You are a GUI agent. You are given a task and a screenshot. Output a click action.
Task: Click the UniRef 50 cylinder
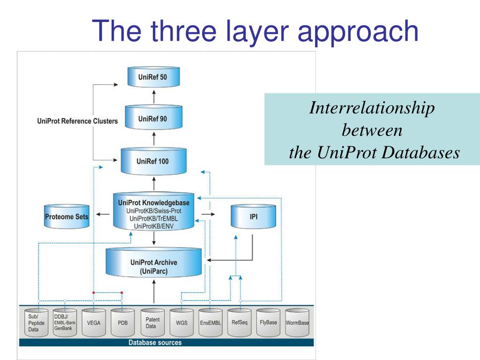pos(153,77)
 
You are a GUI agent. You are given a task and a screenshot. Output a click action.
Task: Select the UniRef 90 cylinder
pos(153,119)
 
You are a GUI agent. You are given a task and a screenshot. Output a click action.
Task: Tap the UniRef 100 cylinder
pos(153,161)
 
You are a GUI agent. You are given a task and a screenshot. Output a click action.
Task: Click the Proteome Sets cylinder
pos(67,217)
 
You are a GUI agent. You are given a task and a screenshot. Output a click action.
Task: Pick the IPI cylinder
pos(254,217)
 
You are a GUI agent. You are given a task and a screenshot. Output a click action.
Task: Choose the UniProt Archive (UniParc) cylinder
pos(154,266)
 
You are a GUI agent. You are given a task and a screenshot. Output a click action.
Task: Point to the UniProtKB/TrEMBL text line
pos(154,218)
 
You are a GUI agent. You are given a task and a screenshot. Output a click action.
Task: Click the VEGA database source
pos(94,322)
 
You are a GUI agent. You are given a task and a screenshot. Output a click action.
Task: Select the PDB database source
pos(123,322)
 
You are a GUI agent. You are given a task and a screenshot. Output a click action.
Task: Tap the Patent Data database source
pos(152,322)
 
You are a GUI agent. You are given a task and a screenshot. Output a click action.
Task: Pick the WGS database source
pos(181,322)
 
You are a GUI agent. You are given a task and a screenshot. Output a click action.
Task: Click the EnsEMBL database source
pos(210,322)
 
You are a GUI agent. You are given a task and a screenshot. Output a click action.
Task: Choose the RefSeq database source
pos(240,322)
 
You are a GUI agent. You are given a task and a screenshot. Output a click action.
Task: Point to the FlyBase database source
pos(268,322)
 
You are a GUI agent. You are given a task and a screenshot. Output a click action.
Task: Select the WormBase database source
pos(297,322)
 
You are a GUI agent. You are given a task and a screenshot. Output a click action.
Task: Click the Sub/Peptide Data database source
pos(36,322)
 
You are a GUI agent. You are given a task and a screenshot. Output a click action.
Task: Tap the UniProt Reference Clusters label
pos(77,121)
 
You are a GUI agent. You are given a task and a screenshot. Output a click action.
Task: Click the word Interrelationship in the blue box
pos(372,108)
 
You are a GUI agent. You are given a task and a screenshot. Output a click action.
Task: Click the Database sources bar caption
pos(155,343)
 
